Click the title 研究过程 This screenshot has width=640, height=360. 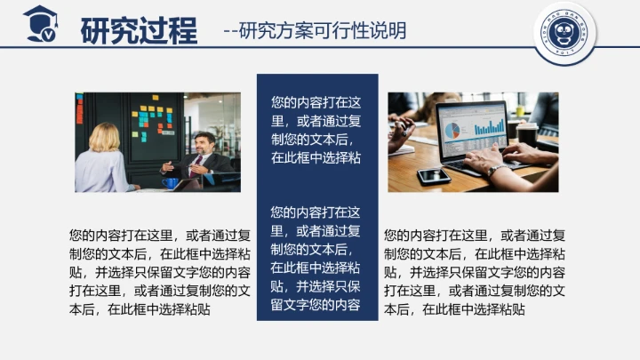tap(139, 29)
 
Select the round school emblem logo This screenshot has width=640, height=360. tap(565, 32)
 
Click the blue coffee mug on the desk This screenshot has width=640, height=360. tap(170, 183)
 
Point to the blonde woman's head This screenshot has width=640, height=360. tap(104, 137)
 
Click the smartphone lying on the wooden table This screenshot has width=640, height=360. tap(433, 175)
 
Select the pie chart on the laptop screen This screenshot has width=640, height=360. tap(452, 130)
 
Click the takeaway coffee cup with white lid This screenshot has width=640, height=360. tap(527, 133)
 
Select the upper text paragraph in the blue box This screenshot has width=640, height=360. tap(316, 130)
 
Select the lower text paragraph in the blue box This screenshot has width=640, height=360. tap(316, 259)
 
